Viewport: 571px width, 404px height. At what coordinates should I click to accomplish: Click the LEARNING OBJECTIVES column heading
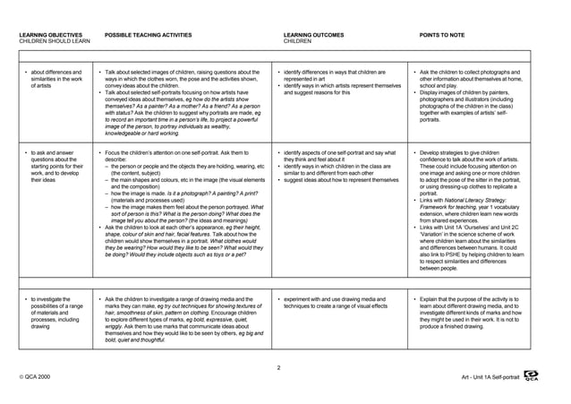tap(48, 34)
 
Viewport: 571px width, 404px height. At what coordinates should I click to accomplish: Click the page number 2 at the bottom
tap(279, 367)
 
